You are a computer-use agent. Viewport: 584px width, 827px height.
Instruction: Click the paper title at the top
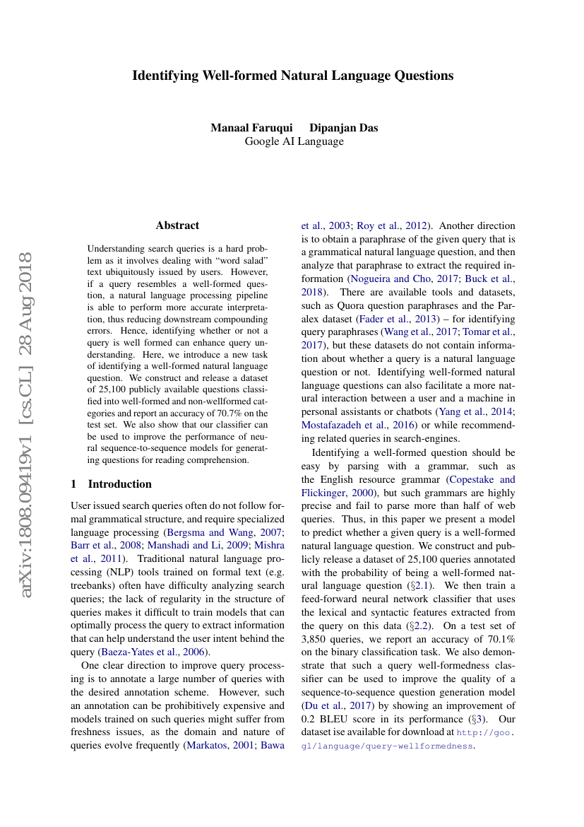[x=292, y=76]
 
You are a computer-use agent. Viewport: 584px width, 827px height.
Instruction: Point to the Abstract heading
[x=177, y=225]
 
